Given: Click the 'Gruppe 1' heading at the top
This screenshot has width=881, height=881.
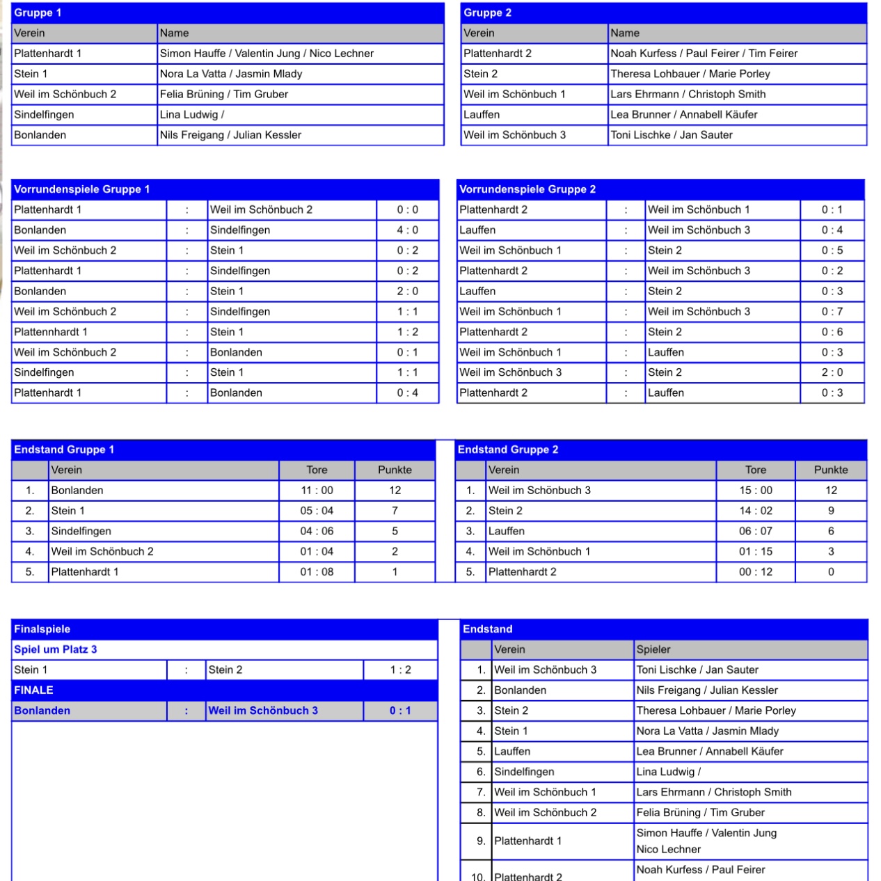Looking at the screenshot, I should [x=38, y=13].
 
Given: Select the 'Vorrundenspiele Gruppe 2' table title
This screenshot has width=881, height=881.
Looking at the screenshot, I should [x=527, y=189].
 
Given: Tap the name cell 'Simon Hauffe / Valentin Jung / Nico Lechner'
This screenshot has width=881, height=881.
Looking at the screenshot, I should [x=267, y=54].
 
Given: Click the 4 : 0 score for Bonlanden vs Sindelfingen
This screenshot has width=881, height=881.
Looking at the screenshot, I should [x=407, y=230].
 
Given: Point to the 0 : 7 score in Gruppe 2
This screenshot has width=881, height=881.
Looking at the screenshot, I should [x=832, y=312].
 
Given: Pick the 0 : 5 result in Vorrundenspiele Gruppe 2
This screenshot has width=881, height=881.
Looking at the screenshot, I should [x=832, y=251].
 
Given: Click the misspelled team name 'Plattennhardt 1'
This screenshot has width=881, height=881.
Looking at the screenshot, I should [x=51, y=332].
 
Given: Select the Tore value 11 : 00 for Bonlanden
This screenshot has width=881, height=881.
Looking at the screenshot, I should [x=317, y=491].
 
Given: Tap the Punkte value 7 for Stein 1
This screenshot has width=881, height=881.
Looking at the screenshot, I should [x=395, y=511].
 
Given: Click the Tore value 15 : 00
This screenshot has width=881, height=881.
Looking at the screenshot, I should [x=755, y=491].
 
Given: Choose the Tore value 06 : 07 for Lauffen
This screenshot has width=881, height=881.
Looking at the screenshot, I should [x=755, y=531].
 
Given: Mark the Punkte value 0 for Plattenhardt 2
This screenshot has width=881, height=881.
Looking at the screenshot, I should [x=831, y=572].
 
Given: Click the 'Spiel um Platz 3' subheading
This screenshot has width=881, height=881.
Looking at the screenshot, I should [x=56, y=649].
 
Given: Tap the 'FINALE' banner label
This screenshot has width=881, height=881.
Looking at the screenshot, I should [x=33, y=690].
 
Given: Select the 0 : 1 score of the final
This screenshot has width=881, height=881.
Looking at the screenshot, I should [x=400, y=711].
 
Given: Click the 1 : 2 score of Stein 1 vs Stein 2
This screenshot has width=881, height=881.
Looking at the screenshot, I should [x=400, y=670].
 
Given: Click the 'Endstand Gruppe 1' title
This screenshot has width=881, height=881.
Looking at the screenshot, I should [x=64, y=450].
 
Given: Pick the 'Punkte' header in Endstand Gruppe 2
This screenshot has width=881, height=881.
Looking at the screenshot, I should [x=831, y=470].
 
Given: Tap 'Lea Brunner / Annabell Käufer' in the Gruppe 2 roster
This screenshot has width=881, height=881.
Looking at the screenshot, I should [x=683, y=115].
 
